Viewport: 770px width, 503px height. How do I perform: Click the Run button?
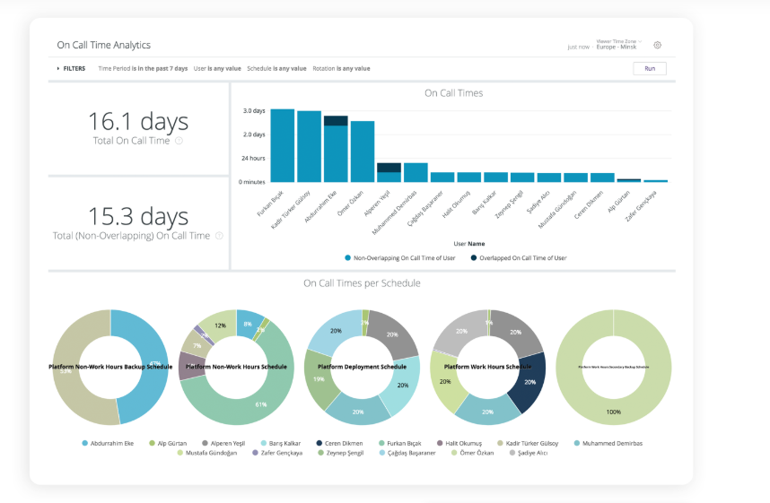tap(649, 68)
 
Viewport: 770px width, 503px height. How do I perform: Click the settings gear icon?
tap(657, 45)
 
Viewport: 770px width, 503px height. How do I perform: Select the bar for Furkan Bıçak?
tap(283, 145)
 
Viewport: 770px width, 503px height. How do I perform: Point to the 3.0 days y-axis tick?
tap(254, 111)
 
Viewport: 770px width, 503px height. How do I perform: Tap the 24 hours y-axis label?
tap(253, 159)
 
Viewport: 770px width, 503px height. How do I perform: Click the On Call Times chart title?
tap(453, 92)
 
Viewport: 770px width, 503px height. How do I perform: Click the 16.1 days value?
tap(138, 122)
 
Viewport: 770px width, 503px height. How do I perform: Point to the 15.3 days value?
tap(138, 217)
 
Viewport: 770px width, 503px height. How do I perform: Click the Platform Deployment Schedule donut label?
tap(362, 367)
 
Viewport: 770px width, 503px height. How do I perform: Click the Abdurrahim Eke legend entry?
tap(111, 443)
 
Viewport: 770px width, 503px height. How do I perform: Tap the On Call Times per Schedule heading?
tap(362, 283)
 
